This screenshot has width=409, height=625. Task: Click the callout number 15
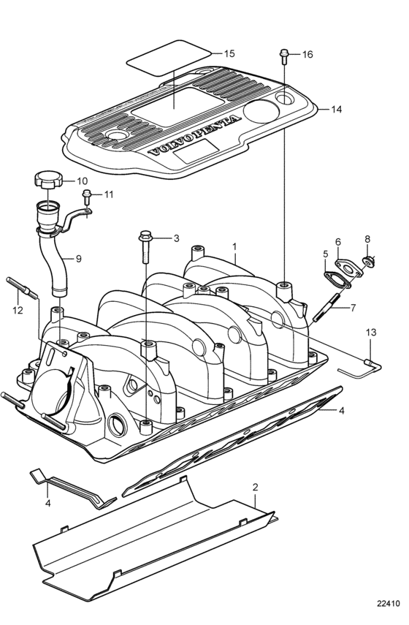click(229, 53)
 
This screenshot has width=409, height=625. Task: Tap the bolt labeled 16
click(284, 56)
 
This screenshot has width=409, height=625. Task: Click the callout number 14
click(337, 109)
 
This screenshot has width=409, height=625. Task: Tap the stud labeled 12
click(22, 287)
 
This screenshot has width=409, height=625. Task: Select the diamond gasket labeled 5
click(337, 280)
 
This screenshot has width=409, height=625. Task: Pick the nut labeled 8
click(368, 262)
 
